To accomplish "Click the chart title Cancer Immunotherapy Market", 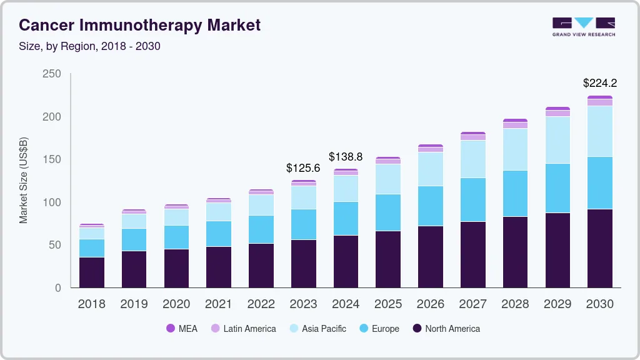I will [139, 25].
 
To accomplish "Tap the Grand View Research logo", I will [583, 26].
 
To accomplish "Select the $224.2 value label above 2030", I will [599, 83].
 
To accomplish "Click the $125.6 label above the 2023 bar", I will [303, 168].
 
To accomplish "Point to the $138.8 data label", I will [346, 157].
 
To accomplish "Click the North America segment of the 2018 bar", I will [92, 272].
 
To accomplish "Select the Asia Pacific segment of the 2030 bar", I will [599, 131].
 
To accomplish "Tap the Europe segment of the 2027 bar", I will [472, 200].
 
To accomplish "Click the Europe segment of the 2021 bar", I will [219, 234].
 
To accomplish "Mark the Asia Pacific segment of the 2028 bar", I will [515, 149].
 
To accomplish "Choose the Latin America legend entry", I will [243, 329].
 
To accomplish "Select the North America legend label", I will [452, 329].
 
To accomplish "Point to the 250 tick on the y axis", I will [52, 74].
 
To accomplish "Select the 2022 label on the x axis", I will [261, 304].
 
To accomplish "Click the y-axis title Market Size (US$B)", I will [24, 180].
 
